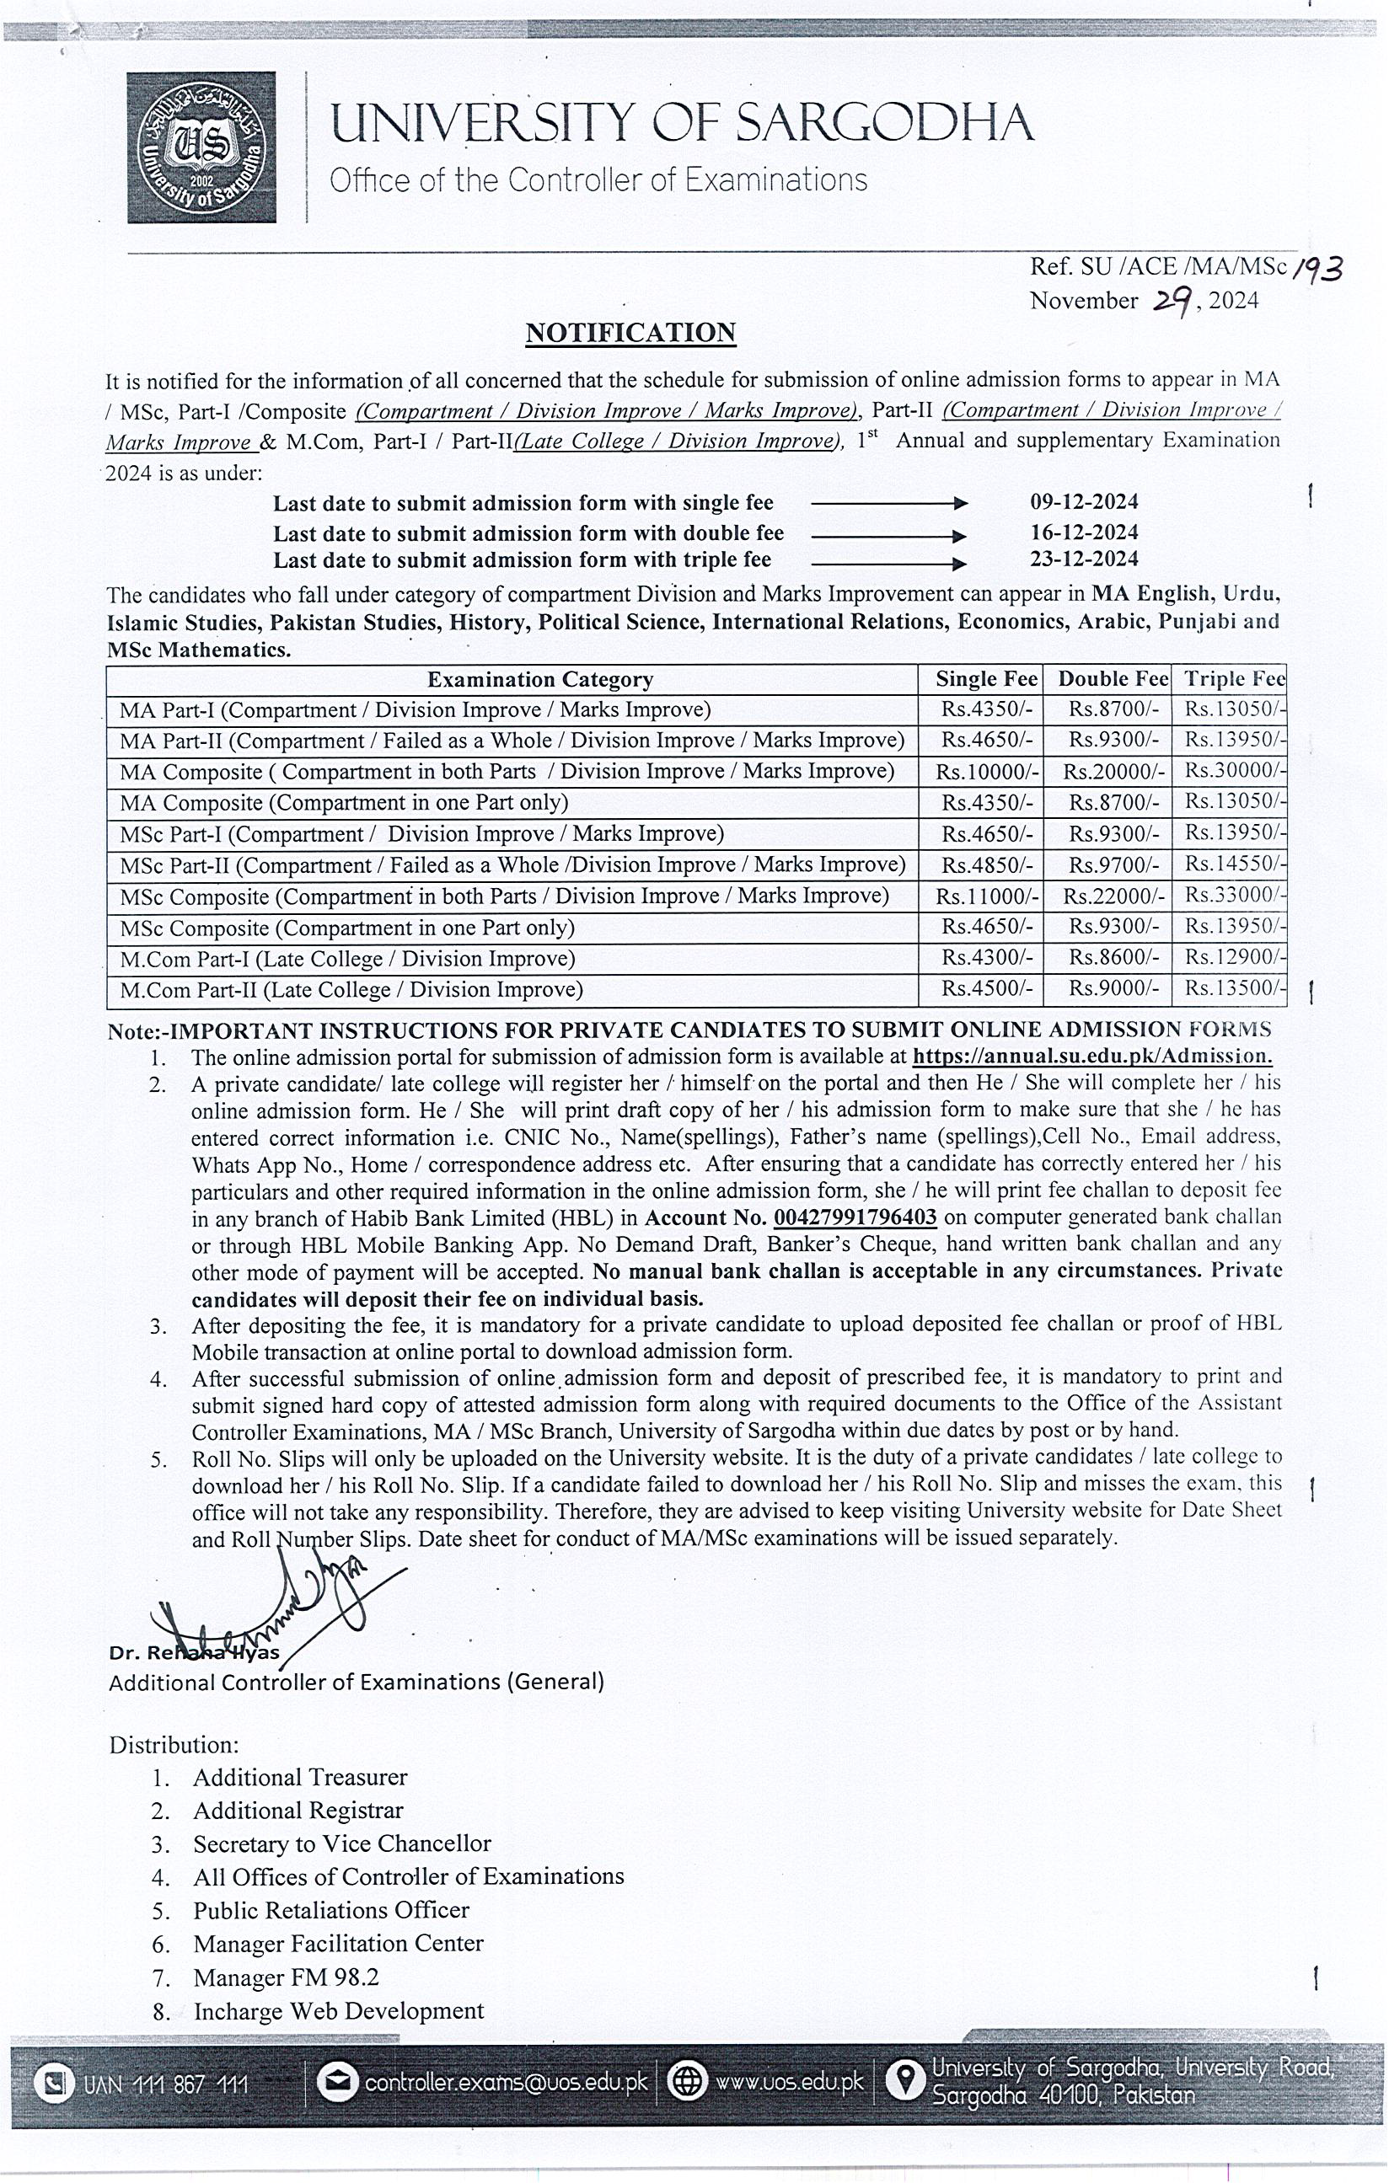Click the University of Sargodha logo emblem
coord(201,147)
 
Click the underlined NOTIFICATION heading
coord(630,333)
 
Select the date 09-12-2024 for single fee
coord(1083,501)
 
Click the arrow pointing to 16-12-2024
coord(888,535)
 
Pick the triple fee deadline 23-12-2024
coord(1083,559)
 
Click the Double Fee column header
coord(1113,679)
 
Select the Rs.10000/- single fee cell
coord(986,772)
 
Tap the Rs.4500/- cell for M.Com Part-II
coord(986,989)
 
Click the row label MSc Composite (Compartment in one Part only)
coord(347,928)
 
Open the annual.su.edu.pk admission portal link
coord(1091,1057)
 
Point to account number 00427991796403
coord(854,1217)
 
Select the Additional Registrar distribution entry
coord(298,1811)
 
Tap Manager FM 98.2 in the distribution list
coord(286,1977)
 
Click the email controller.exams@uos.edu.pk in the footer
coord(505,2084)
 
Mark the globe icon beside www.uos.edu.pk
coord(687,2083)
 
